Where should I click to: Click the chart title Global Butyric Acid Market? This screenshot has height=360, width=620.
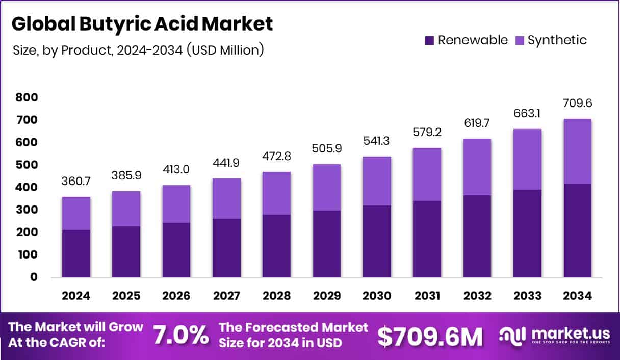tap(142, 24)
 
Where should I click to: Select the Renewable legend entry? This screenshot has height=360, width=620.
tap(466, 40)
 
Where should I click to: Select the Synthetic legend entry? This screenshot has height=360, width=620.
tap(550, 40)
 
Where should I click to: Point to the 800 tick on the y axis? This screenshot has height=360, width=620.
tap(27, 97)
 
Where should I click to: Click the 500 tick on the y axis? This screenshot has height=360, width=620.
tap(27, 165)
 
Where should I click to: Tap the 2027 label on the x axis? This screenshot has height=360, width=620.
tap(226, 296)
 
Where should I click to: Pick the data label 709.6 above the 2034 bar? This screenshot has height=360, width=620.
tap(577, 104)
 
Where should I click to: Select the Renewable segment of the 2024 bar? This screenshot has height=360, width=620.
tap(76, 253)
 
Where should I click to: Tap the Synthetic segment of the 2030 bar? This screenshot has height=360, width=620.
tap(377, 181)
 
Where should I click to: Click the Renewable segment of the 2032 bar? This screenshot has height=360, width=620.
tap(477, 236)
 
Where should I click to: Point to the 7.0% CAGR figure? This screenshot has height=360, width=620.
tap(181, 336)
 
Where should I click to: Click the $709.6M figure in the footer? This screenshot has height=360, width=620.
tap(429, 336)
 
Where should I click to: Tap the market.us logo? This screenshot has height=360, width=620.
tap(554, 336)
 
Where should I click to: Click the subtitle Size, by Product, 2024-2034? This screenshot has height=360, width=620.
tap(138, 50)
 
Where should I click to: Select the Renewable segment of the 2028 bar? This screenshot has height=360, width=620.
tap(276, 246)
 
